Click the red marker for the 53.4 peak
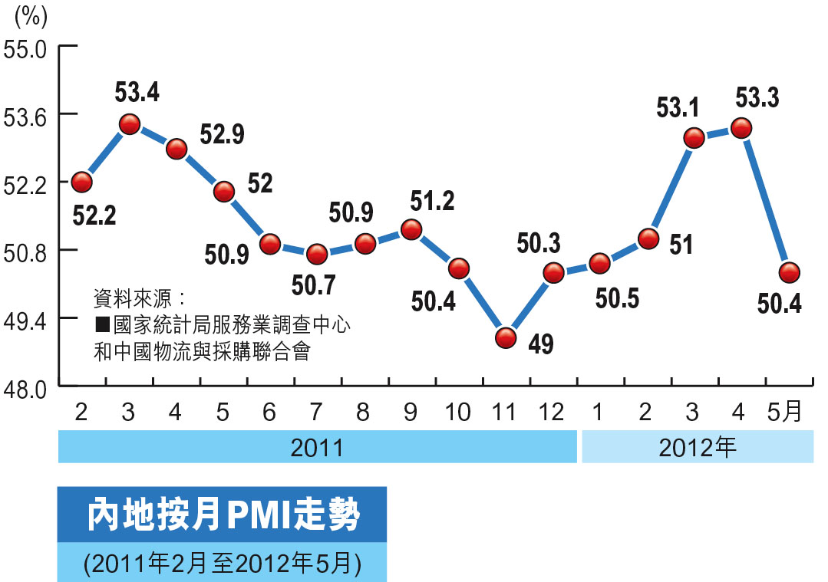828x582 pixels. click(x=129, y=124)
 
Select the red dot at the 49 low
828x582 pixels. click(x=505, y=337)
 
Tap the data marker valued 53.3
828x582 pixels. click(x=741, y=129)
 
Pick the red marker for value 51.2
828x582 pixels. click(x=411, y=229)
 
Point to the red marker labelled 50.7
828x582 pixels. click(x=317, y=254)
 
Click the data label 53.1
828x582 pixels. click(x=678, y=108)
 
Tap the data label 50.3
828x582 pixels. click(x=538, y=243)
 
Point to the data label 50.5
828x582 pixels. click(x=617, y=298)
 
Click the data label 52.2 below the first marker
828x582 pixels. click(x=94, y=217)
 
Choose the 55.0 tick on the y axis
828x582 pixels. click(x=26, y=45)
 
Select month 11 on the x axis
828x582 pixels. click(x=505, y=413)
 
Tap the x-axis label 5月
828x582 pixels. click(x=785, y=413)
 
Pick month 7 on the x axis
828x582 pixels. click(x=317, y=413)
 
